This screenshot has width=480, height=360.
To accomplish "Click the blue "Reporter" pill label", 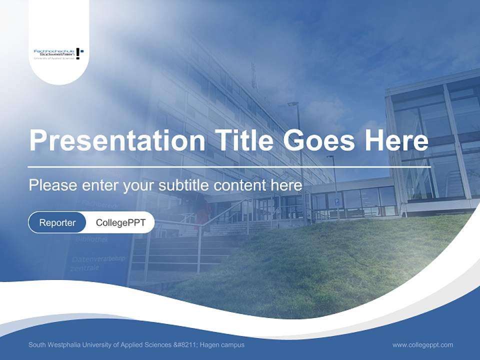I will pyautogui.click(x=57, y=222).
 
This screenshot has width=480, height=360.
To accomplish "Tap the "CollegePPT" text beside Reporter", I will pyautogui.click(x=120, y=222).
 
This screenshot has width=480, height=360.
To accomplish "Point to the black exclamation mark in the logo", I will pyautogui.click(x=78, y=53).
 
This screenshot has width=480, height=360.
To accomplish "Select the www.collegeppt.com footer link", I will pyautogui.click(x=422, y=345).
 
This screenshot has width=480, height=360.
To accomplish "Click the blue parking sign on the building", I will pyautogui.click(x=336, y=202).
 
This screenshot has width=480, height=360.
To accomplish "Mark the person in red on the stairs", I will pyautogui.click(x=202, y=210).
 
